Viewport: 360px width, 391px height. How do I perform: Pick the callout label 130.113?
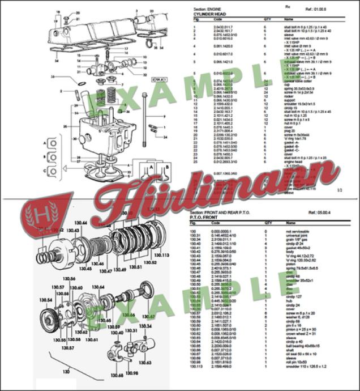pos(162,256)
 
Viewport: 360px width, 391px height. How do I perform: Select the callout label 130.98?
pos(132,372)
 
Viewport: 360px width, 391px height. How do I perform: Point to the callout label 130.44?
pos(80,223)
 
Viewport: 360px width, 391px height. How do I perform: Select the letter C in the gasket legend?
pos(44,169)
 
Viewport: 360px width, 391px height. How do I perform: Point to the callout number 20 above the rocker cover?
pos(78,12)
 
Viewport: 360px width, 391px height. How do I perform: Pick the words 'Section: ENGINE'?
pos(208,8)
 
